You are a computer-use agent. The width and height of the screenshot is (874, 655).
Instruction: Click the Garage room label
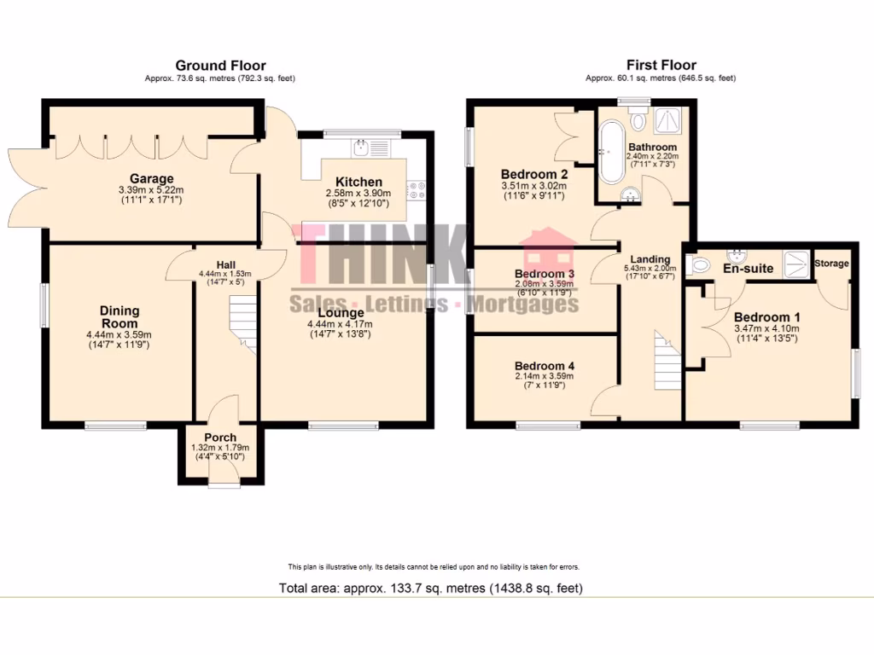pos(151,178)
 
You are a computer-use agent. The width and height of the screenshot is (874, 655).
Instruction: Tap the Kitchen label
pos(358,182)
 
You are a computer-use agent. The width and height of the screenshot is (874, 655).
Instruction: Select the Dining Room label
pos(119,317)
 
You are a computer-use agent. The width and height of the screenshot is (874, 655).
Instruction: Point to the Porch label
pos(219,438)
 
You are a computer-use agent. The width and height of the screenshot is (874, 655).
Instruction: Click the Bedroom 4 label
pos(545,366)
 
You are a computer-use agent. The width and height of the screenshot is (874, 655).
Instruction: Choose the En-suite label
pos(748,269)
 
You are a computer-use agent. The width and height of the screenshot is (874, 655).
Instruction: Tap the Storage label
pos(831,264)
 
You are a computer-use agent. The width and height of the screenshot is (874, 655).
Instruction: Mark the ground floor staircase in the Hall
pos(244,324)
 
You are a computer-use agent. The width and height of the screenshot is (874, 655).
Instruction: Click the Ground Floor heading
pos(220,66)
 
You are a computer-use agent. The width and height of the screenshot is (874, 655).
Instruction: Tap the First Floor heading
pos(661,66)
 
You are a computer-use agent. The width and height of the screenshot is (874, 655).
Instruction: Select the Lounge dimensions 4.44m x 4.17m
pos(340,324)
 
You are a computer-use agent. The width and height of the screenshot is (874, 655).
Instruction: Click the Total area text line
pos(431,588)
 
